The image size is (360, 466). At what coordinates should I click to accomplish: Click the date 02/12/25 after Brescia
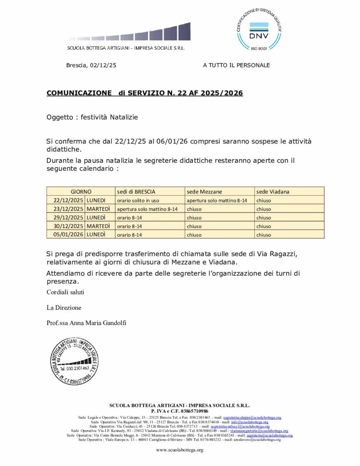click(103, 65)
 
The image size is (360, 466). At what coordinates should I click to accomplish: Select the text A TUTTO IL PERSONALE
click(236, 65)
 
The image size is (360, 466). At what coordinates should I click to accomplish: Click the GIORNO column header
click(81, 192)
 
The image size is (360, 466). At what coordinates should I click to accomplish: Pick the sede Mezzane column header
click(205, 192)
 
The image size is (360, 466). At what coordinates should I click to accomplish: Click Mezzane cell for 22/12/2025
click(217, 200)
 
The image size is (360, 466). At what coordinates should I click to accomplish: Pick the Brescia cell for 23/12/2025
click(147, 209)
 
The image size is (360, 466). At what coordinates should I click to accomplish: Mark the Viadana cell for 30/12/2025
click(264, 226)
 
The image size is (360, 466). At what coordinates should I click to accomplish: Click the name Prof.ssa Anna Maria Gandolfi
click(86, 323)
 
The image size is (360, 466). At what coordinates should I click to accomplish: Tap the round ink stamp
click(74, 361)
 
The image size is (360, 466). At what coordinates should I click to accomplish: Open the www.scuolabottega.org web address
click(179, 450)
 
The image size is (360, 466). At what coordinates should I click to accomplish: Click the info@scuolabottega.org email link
click(250, 422)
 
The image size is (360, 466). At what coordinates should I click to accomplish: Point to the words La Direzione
click(64, 308)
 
